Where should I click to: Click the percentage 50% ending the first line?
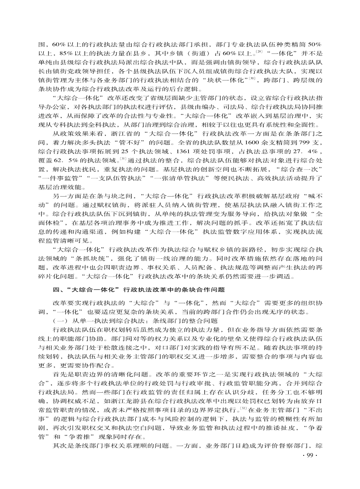pyautogui.click(x=314, y=44)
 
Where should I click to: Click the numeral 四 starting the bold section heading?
pyautogui.click(x=56, y=289)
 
